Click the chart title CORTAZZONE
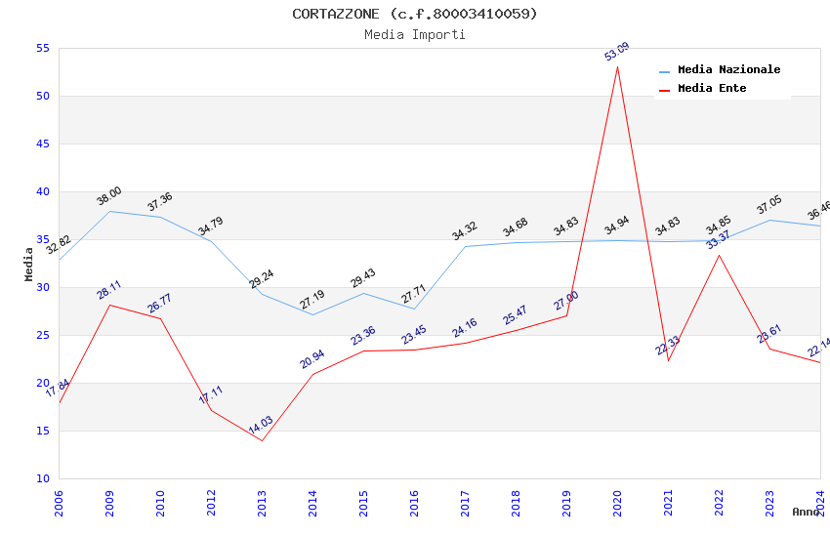click(415, 14)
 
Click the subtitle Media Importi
click(415, 34)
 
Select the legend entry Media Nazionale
click(728, 69)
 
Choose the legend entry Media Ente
click(712, 88)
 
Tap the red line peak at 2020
click(617, 66)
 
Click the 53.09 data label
click(616, 52)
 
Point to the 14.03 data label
click(261, 426)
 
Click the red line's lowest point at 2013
click(262, 440)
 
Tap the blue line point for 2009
click(109, 211)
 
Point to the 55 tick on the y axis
click(41, 48)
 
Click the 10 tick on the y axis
click(41, 478)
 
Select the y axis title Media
click(29, 264)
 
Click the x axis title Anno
click(806, 512)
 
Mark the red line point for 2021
click(668, 360)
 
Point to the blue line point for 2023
click(769, 220)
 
